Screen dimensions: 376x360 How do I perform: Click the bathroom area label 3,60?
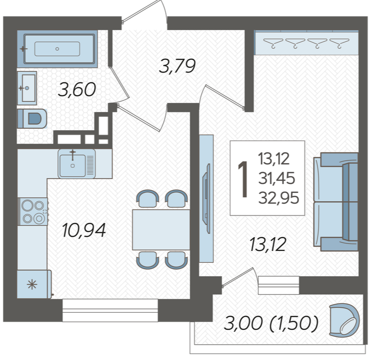77,90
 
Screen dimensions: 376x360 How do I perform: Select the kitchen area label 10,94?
84,230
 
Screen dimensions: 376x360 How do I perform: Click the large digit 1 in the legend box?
243,179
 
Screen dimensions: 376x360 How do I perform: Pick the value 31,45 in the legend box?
276,179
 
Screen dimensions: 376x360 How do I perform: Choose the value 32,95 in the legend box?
278,198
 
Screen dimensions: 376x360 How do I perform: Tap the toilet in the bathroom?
32,118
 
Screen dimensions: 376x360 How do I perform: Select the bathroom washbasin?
27,88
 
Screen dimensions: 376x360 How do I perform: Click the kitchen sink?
76,164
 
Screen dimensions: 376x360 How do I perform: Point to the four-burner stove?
34,212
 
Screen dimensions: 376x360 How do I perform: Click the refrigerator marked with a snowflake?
34,285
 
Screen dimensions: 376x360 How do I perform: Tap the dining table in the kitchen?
161,230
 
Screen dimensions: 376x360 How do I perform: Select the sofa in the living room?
336,202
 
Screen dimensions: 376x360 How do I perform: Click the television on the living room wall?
206,198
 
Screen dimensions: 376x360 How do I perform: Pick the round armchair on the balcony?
344,321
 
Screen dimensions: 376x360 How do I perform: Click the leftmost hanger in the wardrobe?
273,43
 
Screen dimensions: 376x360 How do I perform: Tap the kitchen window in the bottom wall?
110,310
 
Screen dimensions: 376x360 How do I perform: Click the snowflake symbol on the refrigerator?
32,285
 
